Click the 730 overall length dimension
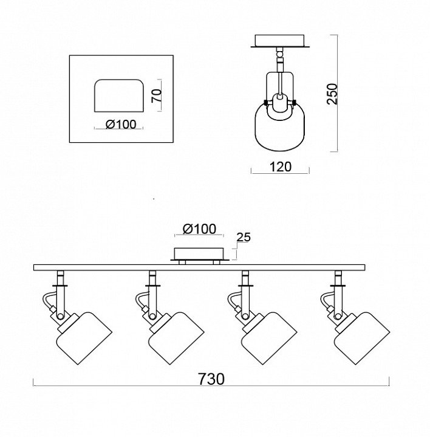coord(211,379)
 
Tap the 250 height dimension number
coord(332,94)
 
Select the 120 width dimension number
coord(281,167)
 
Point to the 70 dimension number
coord(157,95)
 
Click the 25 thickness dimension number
coord(244,237)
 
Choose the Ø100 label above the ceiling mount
coord(199,229)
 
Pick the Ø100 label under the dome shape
coord(121,125)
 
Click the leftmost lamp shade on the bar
coord(84,338)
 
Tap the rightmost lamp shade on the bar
coord(362,338)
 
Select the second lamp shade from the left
coord(177,338)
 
